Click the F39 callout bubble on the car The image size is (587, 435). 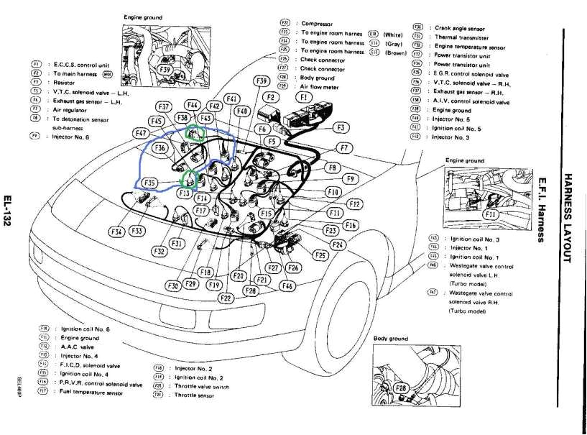click(263, 81)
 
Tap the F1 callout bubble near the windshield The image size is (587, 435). click(304, 96)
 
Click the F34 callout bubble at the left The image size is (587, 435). click(116, 232)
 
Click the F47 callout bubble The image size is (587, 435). click(140, 133)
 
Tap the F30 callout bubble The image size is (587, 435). click(173, 285)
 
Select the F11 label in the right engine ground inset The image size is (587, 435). click(491, 214)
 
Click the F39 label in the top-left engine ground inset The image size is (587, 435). click(165, 70)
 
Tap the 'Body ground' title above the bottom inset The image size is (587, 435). click(391, 338)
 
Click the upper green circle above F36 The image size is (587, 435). click(195, 133)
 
